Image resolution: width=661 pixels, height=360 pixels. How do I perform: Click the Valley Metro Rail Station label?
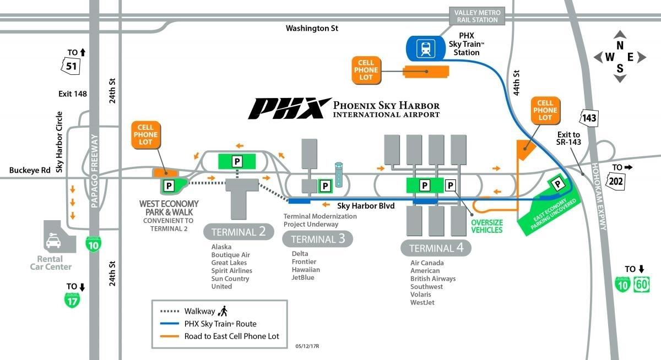tap(476, 16)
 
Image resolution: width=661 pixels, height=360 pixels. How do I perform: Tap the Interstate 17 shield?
tap(72, 300)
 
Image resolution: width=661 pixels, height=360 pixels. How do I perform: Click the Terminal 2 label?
tap(239, 232)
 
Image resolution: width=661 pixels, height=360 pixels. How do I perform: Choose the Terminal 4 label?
tap(436, 248)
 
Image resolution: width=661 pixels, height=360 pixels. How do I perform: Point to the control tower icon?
tap(339, 175)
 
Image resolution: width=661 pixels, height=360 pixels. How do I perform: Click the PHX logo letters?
tap(286, 108)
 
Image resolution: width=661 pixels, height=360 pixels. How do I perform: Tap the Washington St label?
tap(312, 28)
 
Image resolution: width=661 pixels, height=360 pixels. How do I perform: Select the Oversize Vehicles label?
tap(487, 226)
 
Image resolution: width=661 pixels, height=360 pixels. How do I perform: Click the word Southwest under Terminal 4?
tap(426, 287)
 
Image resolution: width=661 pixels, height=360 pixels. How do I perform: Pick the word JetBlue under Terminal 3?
tap(302, 277)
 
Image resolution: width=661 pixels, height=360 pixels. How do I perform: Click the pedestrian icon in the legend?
tap(223, 310)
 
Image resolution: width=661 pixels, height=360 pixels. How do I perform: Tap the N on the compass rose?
tap(620, 46)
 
